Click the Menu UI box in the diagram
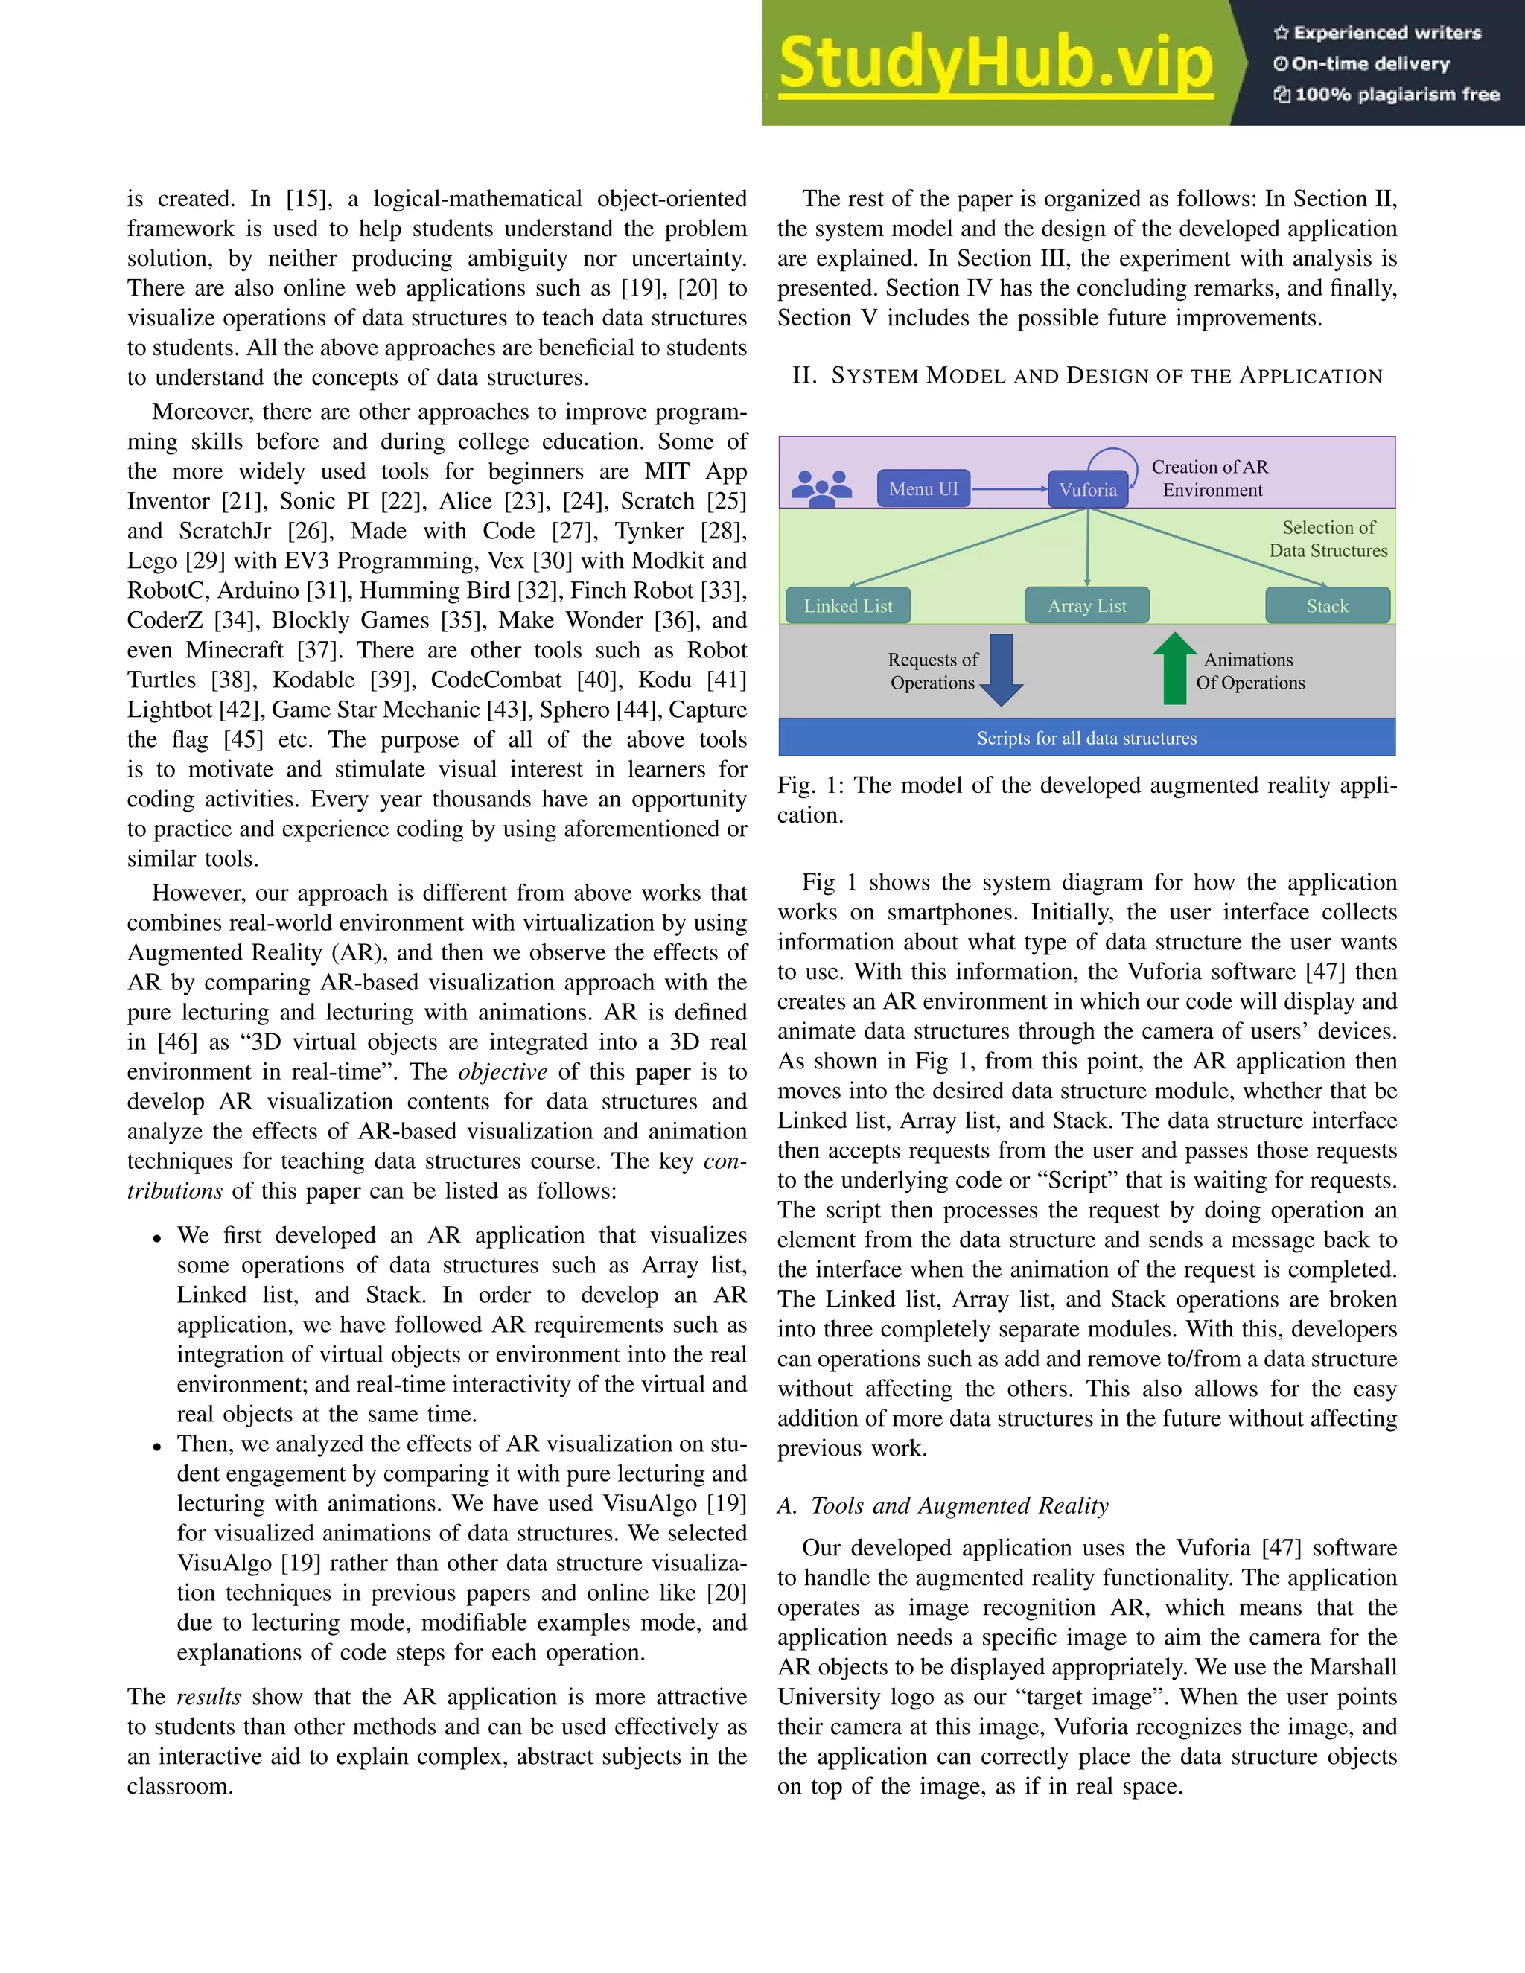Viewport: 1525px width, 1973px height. pos(923,488)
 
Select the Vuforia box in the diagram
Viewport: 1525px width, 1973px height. pos(1088,490)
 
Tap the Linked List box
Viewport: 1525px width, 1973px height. pos(847,605)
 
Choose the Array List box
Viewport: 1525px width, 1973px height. pos(1087,605)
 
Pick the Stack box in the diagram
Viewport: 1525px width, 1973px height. pos(1326,605)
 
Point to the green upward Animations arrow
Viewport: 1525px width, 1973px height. pos(1174,669)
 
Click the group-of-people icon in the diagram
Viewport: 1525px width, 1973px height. pos(821,488)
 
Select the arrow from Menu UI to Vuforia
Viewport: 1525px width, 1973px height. pos(1008,488)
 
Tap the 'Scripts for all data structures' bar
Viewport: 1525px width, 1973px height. pos(1087,737)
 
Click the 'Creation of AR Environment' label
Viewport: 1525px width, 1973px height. pos(1211,478)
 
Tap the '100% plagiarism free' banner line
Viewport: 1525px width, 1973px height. pos(1386,94)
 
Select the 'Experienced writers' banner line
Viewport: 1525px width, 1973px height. pos(1378,33)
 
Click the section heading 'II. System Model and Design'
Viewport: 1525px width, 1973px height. pos(1087,376)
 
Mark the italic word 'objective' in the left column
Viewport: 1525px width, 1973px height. pos(503,1071)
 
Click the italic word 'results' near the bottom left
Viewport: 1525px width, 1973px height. pos(208,1697)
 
